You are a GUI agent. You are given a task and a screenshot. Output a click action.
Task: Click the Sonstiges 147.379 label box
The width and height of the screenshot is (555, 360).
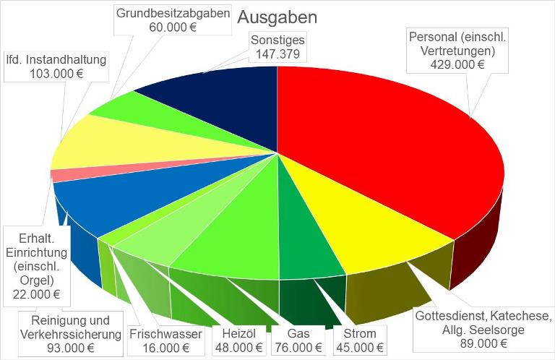(278, 46)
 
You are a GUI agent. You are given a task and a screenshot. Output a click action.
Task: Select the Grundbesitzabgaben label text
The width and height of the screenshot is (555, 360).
(173, 14)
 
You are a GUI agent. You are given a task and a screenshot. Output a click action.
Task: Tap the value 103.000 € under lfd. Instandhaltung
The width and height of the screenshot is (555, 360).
(56, 74)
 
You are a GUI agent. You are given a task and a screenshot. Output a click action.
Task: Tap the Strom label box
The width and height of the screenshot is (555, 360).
(359, 340)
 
